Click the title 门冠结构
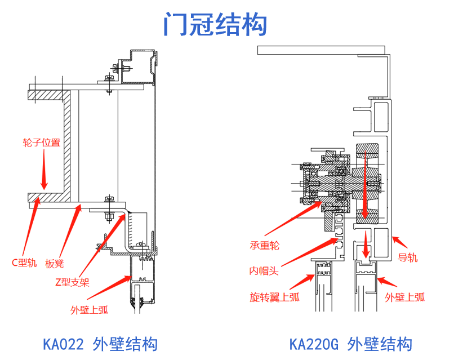pyautogui.click(x=215, y=25)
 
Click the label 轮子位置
pyautogui.click(x=41, y=142)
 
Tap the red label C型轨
pyautogui.click(x=24, y=263)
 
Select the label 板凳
pyautogui.click(x=54, y=263)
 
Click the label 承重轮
pyautogui.click(x=264, y=245)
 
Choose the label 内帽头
pyautogui.click(x=264, y=271)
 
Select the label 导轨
pyautogui.click(x=408, y=258)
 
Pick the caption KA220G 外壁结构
pyautogui.click(x=350, y=344)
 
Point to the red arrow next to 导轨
pyautogui.click(x=398, y=242)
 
